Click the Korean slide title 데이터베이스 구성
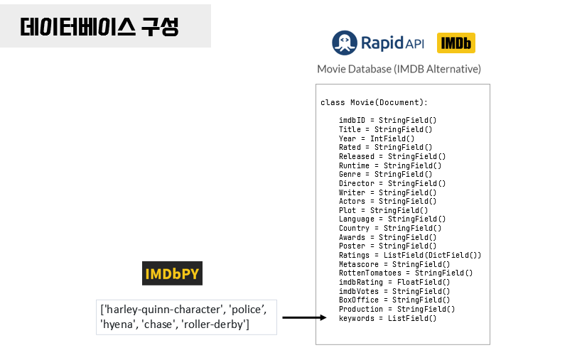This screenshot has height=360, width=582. point(99,27)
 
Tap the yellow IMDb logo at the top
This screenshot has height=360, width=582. point(456,43)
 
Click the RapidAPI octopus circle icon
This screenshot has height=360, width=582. point(344,43)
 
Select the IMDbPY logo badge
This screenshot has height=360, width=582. point(172,274)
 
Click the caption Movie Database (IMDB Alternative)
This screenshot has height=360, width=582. point(399,69)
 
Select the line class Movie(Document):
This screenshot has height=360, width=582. point(374,102)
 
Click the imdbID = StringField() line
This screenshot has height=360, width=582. point(387,121)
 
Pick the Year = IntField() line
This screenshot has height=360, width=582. point(376,138)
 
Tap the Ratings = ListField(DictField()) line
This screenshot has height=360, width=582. point(410,255)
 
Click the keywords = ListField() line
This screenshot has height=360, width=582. point(387,318)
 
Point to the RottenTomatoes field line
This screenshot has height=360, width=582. point(405,273)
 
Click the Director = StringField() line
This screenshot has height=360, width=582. point(392,183)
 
